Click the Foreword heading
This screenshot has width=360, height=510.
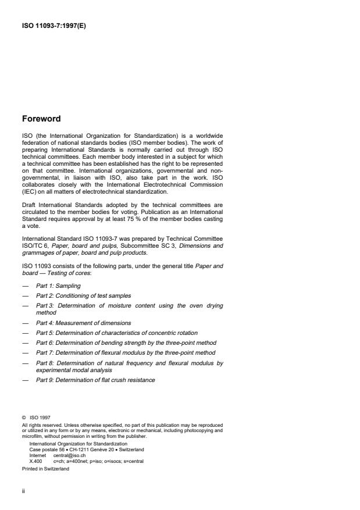[x=41, y=119]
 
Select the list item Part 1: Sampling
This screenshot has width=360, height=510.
[x=58, y=287]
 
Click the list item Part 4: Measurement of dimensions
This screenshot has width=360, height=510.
[x=84, y=323]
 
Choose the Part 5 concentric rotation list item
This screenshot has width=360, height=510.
[x=116, y=333]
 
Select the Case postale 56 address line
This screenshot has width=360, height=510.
[x=87, y=450]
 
